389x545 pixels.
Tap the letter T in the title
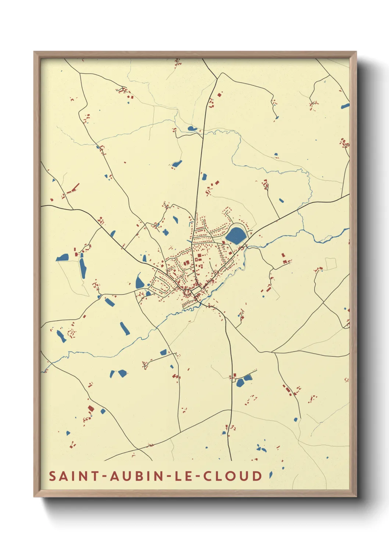95,476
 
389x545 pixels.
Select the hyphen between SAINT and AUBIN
104,477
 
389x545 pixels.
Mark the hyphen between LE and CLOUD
197,477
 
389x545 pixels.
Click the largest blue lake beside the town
236,235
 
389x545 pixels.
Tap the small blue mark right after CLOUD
271,475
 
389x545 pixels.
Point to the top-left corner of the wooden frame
35,52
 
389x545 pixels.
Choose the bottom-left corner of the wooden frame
35,496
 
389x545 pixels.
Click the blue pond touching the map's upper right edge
345,106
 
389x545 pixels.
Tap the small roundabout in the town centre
188,292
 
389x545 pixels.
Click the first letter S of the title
53,476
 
